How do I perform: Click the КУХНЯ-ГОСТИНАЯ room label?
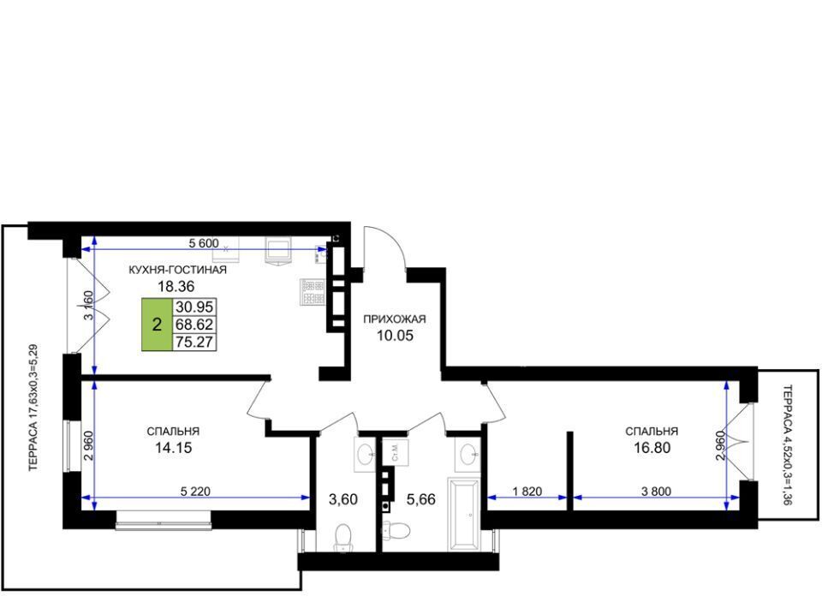tap(178, 270)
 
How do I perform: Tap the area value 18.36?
tap(176, 286)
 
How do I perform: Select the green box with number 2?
tap(157, 325)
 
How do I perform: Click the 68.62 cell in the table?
tap(194, 325)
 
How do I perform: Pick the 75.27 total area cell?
tap(194, 343)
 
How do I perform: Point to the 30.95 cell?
tap(194, 307)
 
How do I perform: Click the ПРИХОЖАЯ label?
tap(395, 319)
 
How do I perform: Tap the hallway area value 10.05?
tap(396, 336)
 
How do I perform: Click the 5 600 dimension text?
tap(204, 243)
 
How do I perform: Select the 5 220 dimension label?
tap(195, 492)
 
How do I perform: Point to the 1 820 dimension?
tap(527, 492)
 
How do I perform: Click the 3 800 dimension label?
tap(656, 492)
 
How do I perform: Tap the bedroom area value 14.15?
tap(174, 448)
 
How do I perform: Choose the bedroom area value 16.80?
tap(652, 448)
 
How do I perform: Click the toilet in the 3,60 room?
tap(342, 537)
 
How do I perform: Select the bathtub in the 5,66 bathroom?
tap(463, 514)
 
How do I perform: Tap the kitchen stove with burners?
tap(313, 293)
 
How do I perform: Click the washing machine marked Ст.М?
tap(396, 452)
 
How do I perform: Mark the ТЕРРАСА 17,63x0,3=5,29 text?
tap(33, 408)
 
